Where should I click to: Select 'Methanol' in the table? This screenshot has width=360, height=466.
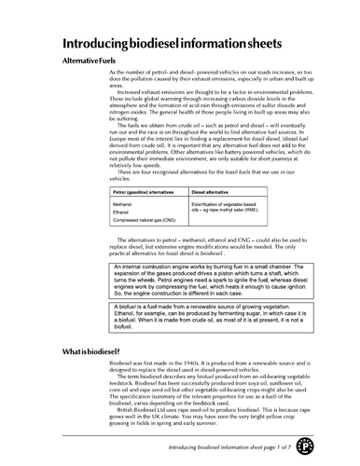click(122, 202)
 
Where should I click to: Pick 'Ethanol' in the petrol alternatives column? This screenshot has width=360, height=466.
click(120, 211)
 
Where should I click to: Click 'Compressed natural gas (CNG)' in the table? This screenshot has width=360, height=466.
click(145, 220)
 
